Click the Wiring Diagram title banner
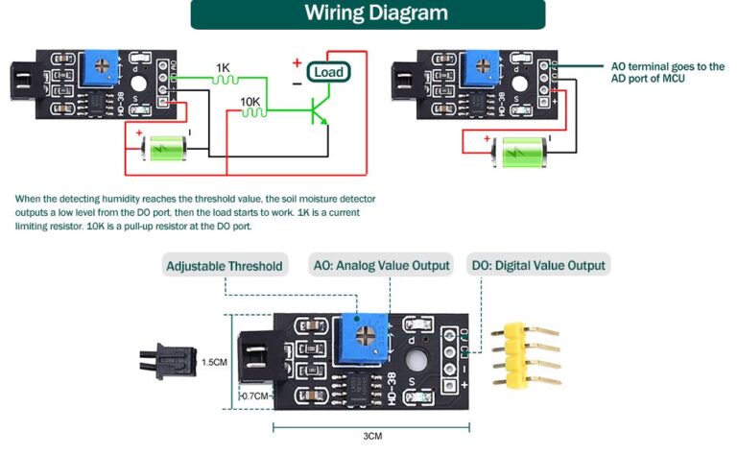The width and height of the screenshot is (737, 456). [x=368, y=13]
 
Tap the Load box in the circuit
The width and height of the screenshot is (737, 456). [x=327, y=71]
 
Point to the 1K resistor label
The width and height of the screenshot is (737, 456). [x=223, y=68]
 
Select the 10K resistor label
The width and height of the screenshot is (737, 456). [x=250, y=101]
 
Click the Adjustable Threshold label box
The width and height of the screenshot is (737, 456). [x=225, y=266]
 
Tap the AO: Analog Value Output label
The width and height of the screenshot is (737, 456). [x=381, y=266]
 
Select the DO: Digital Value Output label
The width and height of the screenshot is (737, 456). [x=537, y=266]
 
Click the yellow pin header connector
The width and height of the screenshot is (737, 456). [x=526, y=353]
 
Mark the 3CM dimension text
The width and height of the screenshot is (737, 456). [x=372, y=437]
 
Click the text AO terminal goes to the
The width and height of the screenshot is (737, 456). [x=668, y=66]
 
